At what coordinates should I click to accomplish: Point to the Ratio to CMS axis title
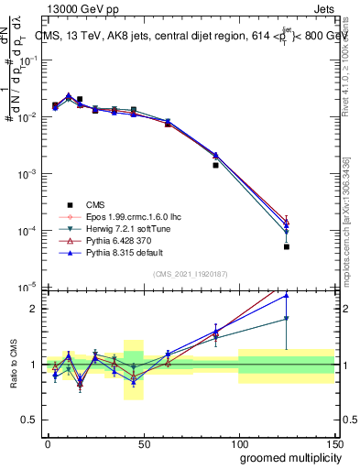pos(14,365)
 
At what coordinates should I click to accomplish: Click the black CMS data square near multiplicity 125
pos(287,246)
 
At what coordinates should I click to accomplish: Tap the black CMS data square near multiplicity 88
pos(215,166)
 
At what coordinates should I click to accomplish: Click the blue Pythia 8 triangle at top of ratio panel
pos(287,295)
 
